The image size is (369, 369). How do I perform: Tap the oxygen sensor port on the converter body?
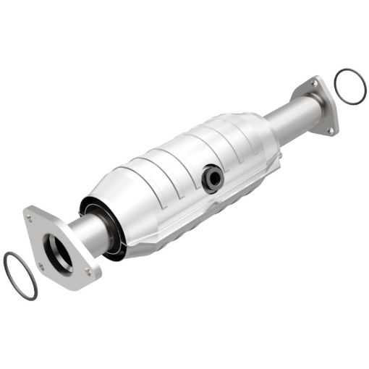pyautogui.click(x=212, y=178)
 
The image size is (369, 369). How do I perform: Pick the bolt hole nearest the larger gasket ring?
pyautogui.click(x=42, y=266)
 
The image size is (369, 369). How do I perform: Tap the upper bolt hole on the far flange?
pyautogui.click(x=315, y=85)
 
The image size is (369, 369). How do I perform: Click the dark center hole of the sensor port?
pyautogui.click(x=212, y=179)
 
